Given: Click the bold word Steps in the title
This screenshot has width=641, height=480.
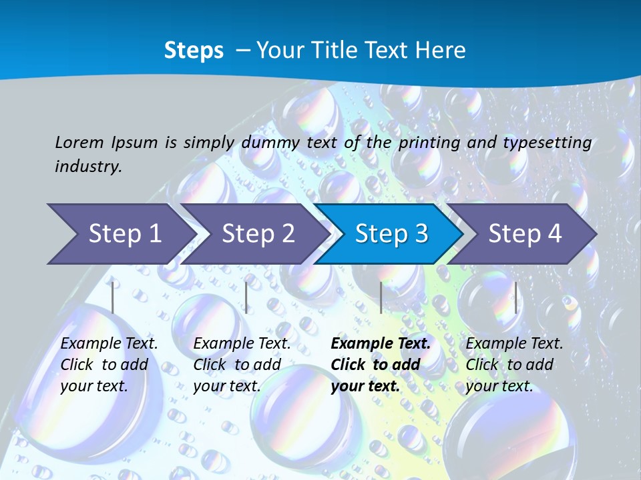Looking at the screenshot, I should point(194,51).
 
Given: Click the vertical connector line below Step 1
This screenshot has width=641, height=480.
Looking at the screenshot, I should point(113,297).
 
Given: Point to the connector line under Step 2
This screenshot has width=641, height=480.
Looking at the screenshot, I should point(246,297).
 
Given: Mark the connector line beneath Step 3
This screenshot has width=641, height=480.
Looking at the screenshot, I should point(381,297).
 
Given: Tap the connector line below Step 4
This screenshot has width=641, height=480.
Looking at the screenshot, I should point(515,297).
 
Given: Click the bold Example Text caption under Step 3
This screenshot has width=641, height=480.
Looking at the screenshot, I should point(381,365).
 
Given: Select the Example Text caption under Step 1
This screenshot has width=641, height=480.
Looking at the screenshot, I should point(109,365).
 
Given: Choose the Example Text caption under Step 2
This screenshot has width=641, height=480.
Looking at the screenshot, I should point(242,365).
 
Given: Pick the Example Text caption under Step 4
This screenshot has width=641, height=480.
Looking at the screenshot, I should point(514,365).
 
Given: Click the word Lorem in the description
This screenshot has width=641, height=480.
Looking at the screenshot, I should point(79,142).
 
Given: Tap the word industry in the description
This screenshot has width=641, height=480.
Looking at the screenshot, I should point(88,166).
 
